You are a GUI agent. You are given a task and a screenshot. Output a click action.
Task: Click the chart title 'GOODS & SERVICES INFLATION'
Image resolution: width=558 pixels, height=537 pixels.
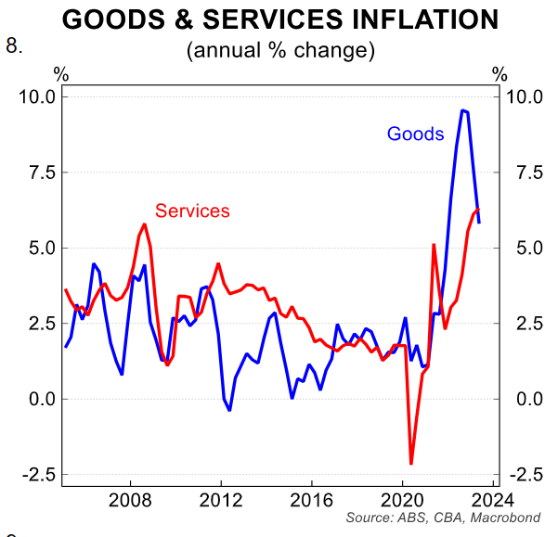click(279, 19)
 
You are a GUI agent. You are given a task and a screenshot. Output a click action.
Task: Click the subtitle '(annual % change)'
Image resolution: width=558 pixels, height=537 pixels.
click(280, 50)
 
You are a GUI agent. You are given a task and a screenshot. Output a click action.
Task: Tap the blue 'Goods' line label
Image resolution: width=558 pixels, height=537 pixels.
click(415, 134)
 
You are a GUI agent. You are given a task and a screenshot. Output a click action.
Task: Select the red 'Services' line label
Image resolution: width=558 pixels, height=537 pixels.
click(192, 211)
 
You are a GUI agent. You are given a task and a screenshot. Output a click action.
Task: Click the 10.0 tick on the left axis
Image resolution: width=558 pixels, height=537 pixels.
click(36, 96)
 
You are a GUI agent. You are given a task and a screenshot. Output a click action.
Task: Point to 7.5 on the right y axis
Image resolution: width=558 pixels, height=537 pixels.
click(521, 173)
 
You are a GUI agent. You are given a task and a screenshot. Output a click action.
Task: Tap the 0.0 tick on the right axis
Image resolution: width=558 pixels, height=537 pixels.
click(521, 399)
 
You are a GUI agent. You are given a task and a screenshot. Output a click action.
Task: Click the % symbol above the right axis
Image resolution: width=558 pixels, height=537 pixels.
click(500, 74)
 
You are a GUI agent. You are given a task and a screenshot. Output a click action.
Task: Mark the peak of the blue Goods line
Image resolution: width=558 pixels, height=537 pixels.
click(462, 110)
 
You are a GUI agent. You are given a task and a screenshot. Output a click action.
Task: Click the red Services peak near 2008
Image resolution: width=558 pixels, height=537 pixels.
click(145, 224)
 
